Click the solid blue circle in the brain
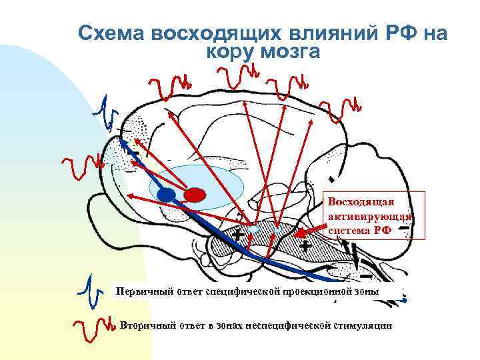167,195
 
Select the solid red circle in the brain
194,195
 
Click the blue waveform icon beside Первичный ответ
91,290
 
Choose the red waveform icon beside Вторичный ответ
92,325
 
